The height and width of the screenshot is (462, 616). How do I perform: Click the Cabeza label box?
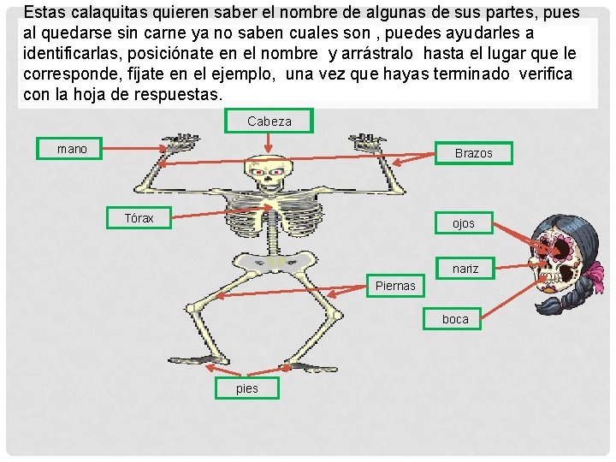tap(269, 121)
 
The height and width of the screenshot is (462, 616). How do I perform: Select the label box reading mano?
tap(72, 149)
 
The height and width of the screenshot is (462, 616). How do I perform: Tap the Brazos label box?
tap(473, 153)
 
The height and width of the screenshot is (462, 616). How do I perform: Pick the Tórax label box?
tap(139, 218)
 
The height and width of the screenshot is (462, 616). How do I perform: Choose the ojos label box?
tap(464, 223)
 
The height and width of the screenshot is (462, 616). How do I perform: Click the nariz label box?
tap(465, 269)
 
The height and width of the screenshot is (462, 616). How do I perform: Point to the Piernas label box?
tap(395, 286)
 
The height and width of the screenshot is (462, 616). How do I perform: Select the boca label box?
tap(455, 319)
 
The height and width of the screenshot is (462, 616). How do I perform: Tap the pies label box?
tap(246, 388)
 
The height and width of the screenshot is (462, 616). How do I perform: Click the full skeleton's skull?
tap(266, 175)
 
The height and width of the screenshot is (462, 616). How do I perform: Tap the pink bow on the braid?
tap(594, 275)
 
